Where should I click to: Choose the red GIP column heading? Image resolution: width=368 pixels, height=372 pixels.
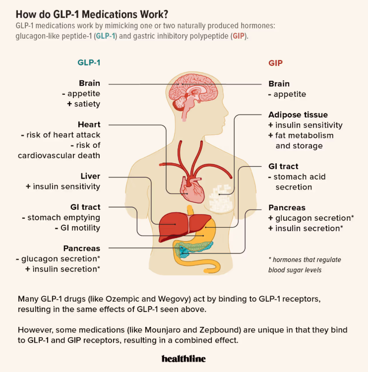click(275, 63)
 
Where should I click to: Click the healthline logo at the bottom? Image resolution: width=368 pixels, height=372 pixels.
click(184, 358)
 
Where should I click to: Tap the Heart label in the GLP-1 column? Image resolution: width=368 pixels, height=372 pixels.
click(89, 124)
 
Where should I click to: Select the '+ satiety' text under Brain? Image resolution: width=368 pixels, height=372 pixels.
click(83, 104)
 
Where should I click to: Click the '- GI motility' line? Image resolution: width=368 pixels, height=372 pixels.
click(77, 228)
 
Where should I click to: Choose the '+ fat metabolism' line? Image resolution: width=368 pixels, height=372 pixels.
click(301, 135)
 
